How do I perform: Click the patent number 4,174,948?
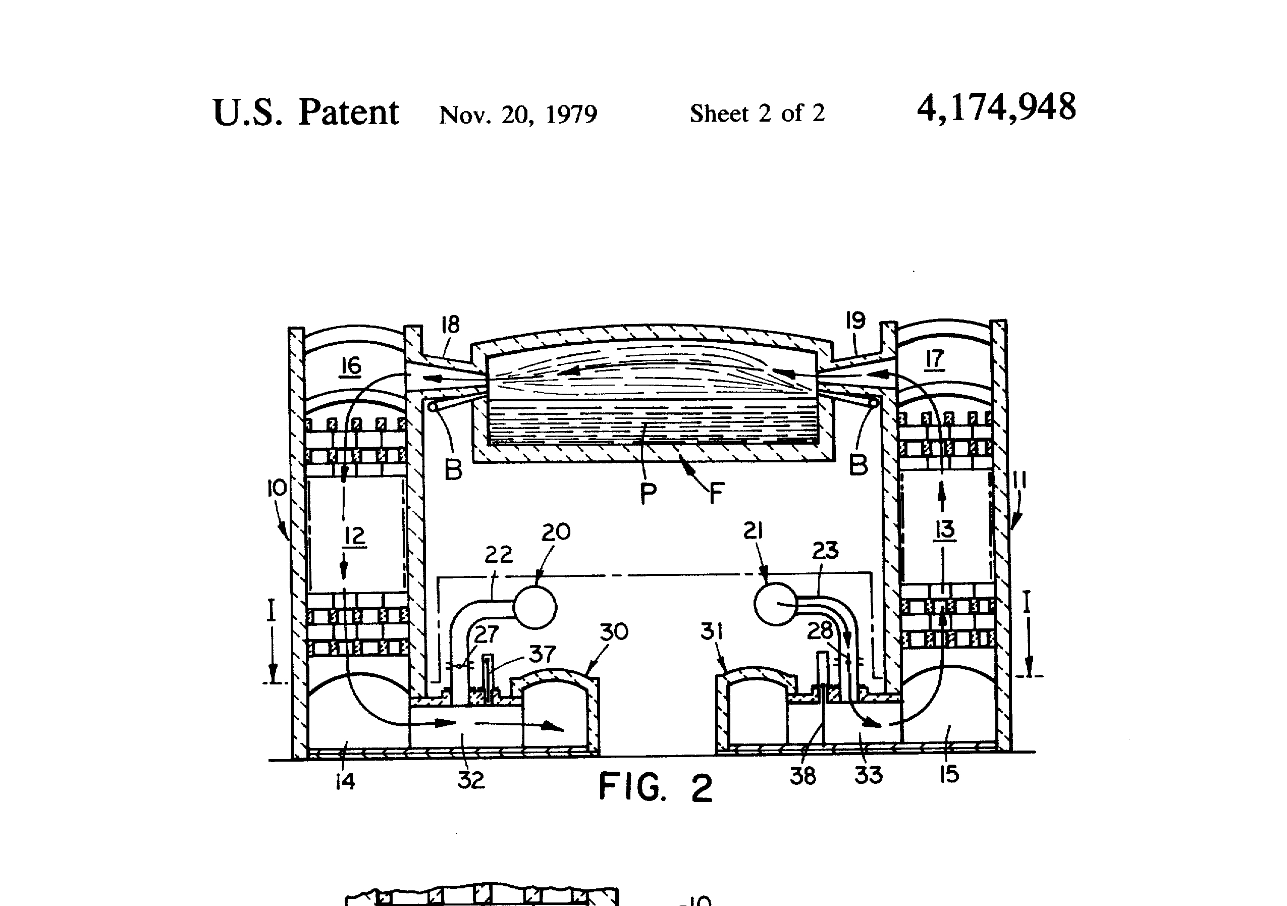pyautogui.click(x=996, y=108)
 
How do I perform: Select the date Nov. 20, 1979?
pyautogui.click(x=518, y=115)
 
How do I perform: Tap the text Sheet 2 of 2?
pyautogui.click(x=757, y=113)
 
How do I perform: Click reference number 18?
pyautogui.click(x=450, y=324)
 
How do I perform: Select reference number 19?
pyautogui.click(x=855, y=320)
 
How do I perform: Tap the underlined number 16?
pyautogui.click(x=351, y=365)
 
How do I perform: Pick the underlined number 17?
pyautogui.click(x=934, y=359)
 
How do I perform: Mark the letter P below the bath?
pyautogui.click(x=648, y=493)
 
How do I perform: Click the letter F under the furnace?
pyautogui.click(x=716, y=494)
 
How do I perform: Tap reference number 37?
pyautogui.click(x=542, y=654)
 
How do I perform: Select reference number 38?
pyautogui.click(x=802, y=776)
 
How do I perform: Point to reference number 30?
pyautogui.click(x=614, y=632)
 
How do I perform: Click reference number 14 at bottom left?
pyautogui.click(x=345, y=781)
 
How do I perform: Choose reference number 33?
pyautogui.click(x=868, y=775)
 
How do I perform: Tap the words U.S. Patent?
pyautogui.click(x=306, y=112)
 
